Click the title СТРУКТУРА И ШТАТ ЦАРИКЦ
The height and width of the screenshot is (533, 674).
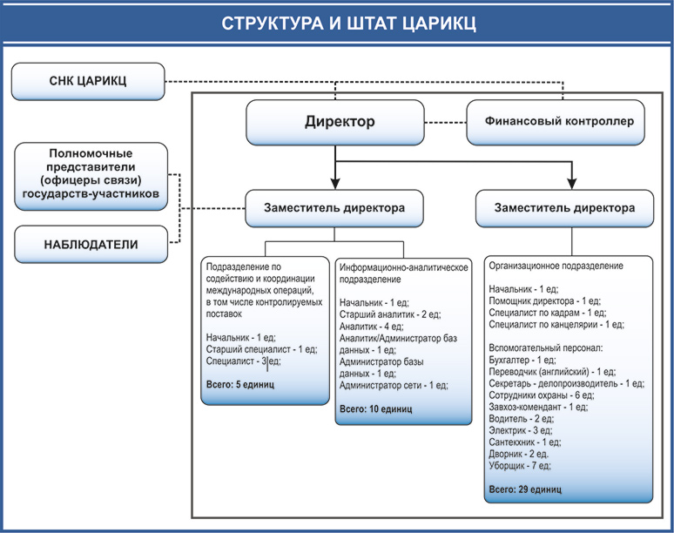(336, 23)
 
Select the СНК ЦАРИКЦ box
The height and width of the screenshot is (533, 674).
(88, 82)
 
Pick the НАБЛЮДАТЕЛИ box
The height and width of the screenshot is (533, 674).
(91, 244)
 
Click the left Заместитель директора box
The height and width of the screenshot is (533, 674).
(335, 209)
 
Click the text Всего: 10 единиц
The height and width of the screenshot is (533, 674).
(375, 408)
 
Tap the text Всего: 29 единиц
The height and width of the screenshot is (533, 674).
(525, 489)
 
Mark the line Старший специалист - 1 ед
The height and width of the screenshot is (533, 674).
(261, 348)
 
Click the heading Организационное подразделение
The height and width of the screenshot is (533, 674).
(556, 265)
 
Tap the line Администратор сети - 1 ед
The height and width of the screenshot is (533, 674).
(394, 385)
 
